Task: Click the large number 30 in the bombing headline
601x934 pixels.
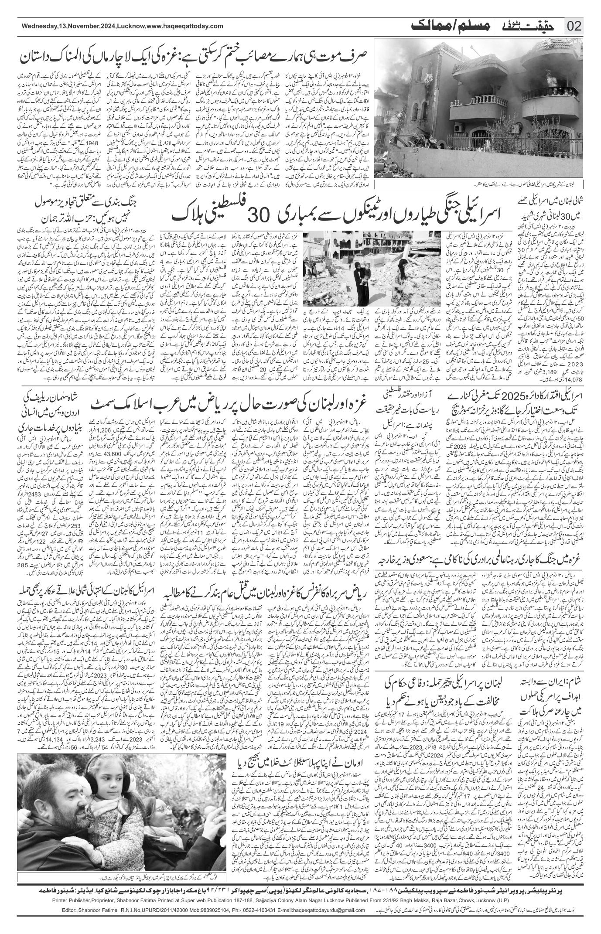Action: (x=259, y=215)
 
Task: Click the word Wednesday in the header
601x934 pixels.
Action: (x=39, y=26)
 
